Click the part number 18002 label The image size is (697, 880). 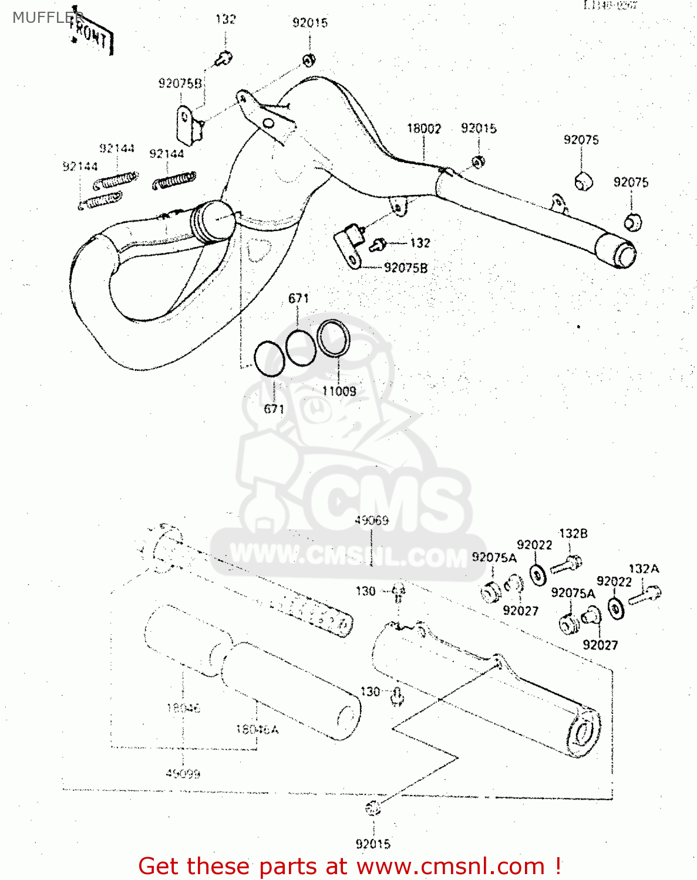(424, 128)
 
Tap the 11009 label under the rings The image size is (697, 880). (339, 391)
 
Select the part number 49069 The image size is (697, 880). (372, 520)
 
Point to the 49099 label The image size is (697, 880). (183, 774)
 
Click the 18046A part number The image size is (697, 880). (257, 729)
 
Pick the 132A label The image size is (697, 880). (644, 568)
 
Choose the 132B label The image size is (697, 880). (573, 533)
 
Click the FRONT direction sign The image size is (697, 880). (90, 36)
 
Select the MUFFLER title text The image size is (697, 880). (47, 18)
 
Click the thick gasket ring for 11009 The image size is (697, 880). (334, 339)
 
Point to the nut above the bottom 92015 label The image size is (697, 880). (373, 808)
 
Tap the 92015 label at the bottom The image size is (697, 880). (373, 844)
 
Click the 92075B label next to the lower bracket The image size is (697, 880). (406, 268)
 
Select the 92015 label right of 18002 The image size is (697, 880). (479, 128)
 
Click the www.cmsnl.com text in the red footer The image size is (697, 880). (450, 866)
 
